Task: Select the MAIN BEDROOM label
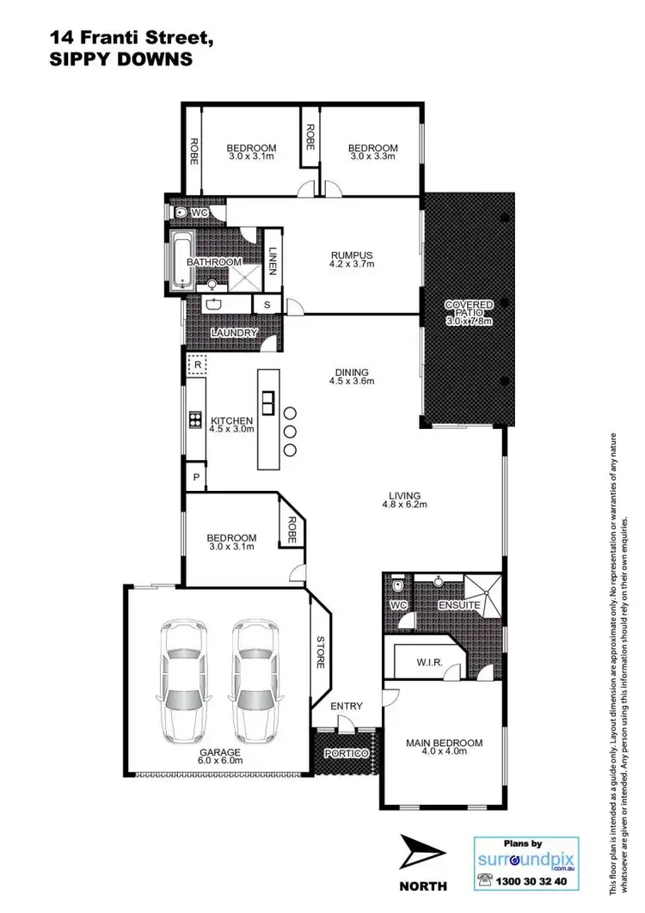pos(444,743)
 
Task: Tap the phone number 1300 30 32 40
pos(536,882)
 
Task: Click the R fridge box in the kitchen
pos(198,365)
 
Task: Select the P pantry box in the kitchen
pos(196,477)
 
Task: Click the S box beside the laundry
pos(267,305)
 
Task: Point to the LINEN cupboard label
pos(273,261)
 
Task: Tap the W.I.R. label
pos(429,662)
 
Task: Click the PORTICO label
pos(346,753)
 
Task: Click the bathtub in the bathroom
pos(181,260)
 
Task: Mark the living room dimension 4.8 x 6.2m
pos(404,506)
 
